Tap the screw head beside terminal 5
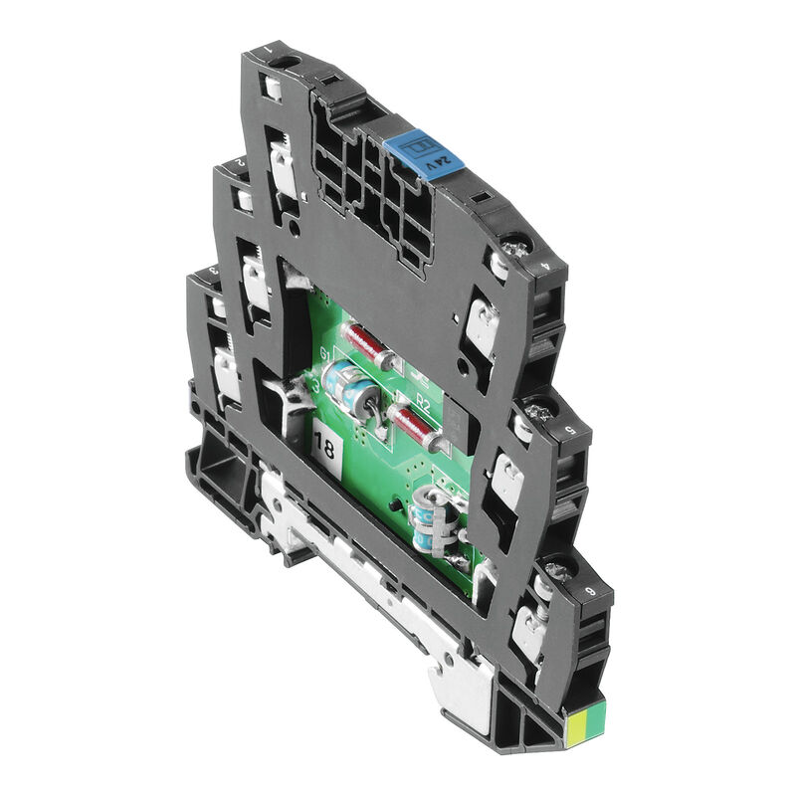click(x=538, y=410)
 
